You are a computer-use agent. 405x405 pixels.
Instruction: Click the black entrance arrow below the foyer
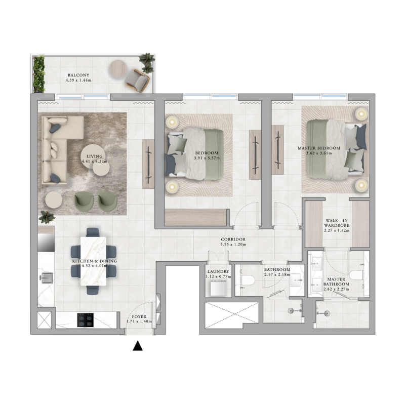point(137,347)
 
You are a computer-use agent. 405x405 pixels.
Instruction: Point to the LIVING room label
point(94,156)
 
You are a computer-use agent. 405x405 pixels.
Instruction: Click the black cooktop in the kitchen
point(85,320)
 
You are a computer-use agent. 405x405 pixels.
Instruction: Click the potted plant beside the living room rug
point(47,217)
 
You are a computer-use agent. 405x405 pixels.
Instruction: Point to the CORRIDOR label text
point(233,239)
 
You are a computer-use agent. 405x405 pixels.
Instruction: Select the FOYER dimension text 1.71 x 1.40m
point(139,321)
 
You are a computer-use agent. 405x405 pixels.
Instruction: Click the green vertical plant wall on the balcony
point(37,74)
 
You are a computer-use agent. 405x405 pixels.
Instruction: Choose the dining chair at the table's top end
point(93,233)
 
